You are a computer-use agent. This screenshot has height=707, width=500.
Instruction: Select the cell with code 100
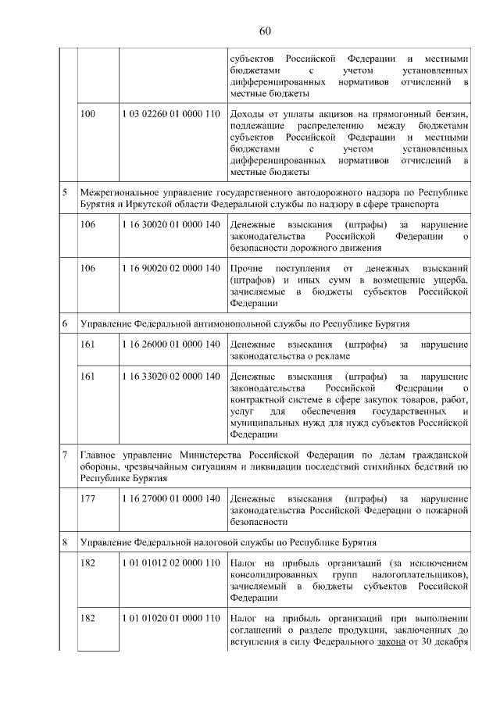pyautogui.click(x=88, y=114)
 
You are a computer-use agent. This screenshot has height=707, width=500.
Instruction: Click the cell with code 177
pyautogui.click(x=88, y=498)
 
